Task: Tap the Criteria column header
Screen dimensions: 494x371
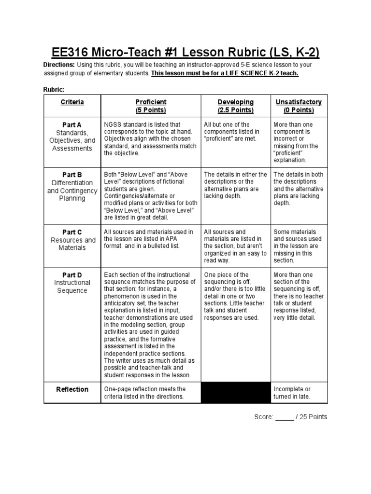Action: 72,102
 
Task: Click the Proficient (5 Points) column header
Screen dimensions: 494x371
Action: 151,106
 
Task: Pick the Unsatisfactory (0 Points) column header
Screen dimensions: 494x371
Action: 299,106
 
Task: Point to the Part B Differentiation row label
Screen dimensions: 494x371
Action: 72,186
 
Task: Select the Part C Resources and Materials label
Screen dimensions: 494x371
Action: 72,240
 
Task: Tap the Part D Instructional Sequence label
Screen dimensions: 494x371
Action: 72,283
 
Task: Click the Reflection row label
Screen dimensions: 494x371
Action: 72,389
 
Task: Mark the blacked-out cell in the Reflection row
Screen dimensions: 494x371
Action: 235,392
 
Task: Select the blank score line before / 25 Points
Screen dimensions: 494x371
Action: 285,417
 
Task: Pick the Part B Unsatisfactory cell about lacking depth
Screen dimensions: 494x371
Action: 298,189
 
